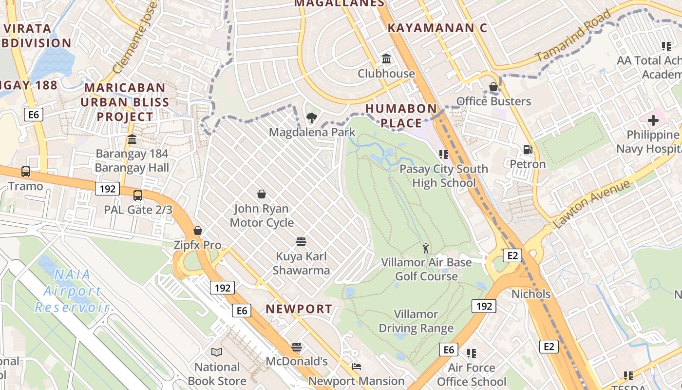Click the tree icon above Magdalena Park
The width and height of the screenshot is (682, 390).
[311, 117]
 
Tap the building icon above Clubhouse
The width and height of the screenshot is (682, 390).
[386, 59]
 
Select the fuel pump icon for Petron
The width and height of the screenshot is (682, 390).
[527, 149]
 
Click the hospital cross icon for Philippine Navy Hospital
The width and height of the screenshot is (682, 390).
[653, 119]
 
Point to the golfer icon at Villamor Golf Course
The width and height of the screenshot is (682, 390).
[426, 248]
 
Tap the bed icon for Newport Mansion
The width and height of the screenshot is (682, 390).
[357, 367]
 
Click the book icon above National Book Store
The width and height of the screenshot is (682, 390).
[217, 352]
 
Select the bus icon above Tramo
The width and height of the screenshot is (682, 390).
[26, 172]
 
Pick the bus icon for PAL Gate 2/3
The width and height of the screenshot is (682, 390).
[138, 195]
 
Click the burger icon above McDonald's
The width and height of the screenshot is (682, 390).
[297, 347]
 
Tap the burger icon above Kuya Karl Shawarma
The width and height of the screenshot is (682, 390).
[301, 242]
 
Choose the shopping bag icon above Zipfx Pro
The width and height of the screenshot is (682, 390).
[198, 231]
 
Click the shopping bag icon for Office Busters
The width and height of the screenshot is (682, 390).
[493, 87]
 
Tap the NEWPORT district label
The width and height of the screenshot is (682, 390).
[299, 309]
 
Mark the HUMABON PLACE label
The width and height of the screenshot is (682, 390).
[401, 116]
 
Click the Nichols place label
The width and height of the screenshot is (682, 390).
[531, 294]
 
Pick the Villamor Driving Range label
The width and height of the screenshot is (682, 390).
[416, 321]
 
